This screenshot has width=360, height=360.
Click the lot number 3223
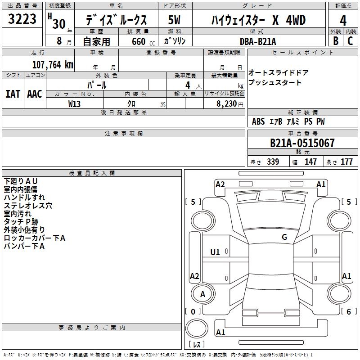[x=22, y=19]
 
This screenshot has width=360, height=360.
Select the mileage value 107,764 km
[x=53, y=65]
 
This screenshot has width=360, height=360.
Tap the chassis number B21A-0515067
[x=302, y=143]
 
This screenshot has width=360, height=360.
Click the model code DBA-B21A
[x=257, y=41]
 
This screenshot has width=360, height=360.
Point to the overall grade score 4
[x=343, y=21]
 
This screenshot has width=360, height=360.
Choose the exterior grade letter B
[x=336, y=41]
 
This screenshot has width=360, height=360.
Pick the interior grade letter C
[x=350, y=41]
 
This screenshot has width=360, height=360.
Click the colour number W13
[x=74, y=104]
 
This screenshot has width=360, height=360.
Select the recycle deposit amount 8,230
[x=226, y=104]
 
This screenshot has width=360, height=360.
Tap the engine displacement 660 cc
[x=143, y=41]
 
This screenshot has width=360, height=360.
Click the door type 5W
[x=174, y=20]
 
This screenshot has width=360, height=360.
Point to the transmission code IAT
[x=13, y=94]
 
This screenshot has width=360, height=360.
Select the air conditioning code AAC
[x=35, y=94]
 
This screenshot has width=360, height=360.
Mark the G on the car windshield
[x=284, y=237]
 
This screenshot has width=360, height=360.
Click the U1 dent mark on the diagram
[x=215, y=252]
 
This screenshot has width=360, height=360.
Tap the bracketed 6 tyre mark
[x=349, y=311]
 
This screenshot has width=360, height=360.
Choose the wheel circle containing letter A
[x=203, y=294]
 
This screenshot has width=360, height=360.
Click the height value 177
[x=346, y=162]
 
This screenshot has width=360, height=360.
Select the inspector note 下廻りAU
[x=20, y=181]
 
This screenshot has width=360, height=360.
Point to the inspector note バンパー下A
[x=24, y=246]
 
